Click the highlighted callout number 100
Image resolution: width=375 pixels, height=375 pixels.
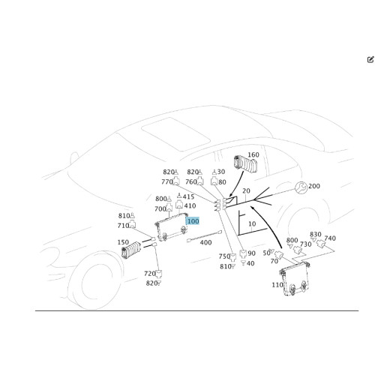193,221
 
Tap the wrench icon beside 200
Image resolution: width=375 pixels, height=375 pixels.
301,187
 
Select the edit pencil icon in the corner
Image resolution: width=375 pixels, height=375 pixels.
370,59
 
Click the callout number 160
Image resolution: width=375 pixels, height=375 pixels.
253,154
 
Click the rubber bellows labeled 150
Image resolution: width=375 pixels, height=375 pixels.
131,250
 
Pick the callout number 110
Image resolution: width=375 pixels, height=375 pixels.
277,285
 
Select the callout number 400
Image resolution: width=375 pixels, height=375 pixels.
205,242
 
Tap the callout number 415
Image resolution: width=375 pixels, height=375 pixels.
188,196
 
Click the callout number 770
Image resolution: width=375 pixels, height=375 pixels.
167,181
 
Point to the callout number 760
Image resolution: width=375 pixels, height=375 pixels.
191,181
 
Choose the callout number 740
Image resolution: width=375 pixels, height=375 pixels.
330,238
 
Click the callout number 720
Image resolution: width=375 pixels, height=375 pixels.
150,274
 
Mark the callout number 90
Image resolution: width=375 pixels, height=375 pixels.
251,253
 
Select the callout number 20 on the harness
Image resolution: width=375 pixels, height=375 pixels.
246,190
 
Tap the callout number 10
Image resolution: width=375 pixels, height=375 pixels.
252,223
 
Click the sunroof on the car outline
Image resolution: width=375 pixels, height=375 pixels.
175,134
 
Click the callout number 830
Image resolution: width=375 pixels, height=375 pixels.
315,234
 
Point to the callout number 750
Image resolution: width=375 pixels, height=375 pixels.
224,256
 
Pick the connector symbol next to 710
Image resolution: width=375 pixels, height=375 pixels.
133,224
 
